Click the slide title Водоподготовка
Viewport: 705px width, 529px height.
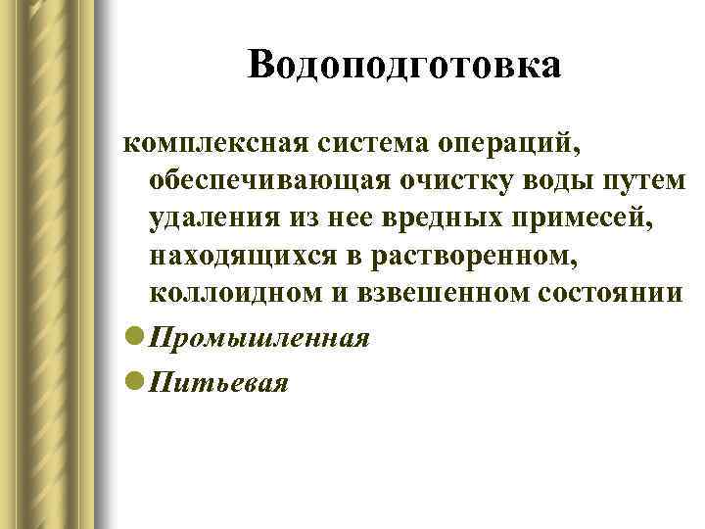404,66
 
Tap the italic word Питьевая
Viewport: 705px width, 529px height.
218,383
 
